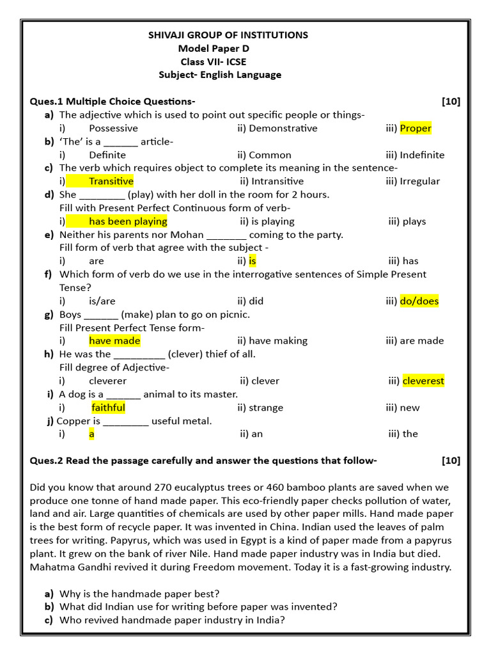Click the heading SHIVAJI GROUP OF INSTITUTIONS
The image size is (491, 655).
click(228, 35)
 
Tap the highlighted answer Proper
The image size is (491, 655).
click(416, 128)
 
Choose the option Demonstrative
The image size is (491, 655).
click(283, 128)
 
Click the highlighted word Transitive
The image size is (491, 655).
click(111, 181)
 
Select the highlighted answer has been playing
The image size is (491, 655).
click(128, 221)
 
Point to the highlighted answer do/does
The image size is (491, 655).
click(419, 301)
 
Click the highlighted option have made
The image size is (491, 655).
click(114, 341)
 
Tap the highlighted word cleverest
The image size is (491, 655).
click(423, 381)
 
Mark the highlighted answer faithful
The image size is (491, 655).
click(109, 407)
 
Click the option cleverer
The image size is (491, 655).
click(112, 381)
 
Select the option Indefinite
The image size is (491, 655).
click(422, 155)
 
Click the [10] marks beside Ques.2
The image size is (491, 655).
click(450, 461)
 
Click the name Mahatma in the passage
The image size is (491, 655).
click(50, 567)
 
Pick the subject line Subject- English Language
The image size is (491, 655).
click(220, 75)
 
